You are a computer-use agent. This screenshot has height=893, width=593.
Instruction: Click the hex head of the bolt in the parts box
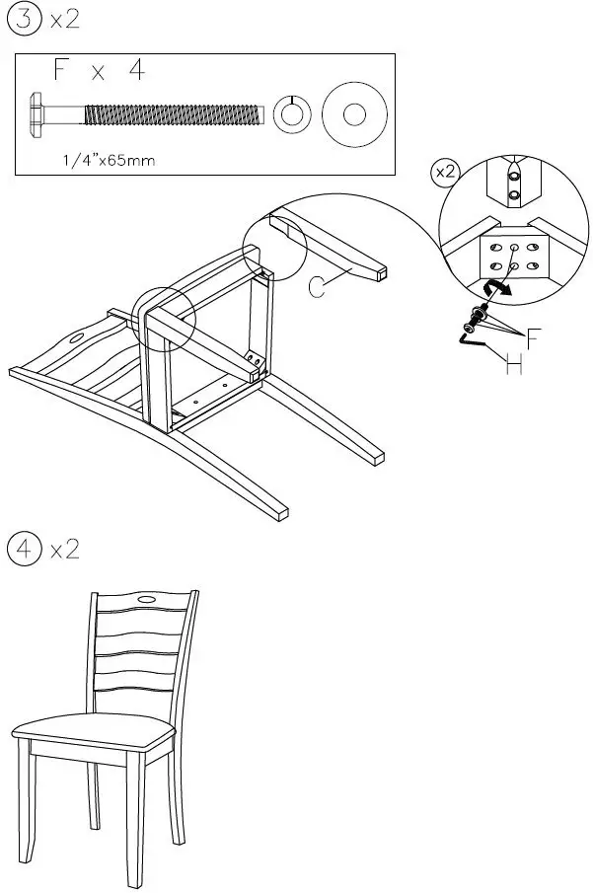click(38, 112)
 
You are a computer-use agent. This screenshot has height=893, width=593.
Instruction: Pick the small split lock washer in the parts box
click(289, 114)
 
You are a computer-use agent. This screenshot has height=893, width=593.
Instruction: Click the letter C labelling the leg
click(318, 287)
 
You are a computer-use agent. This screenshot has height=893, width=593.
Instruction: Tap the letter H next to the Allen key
click(514, 367)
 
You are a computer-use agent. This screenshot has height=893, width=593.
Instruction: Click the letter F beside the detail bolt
click(533, 342)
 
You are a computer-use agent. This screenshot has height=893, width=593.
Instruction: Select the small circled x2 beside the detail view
click(445, 172)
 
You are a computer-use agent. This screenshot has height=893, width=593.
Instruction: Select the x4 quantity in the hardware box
click(118, 73)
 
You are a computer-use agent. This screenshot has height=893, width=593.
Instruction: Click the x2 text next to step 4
click(64, 549)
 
